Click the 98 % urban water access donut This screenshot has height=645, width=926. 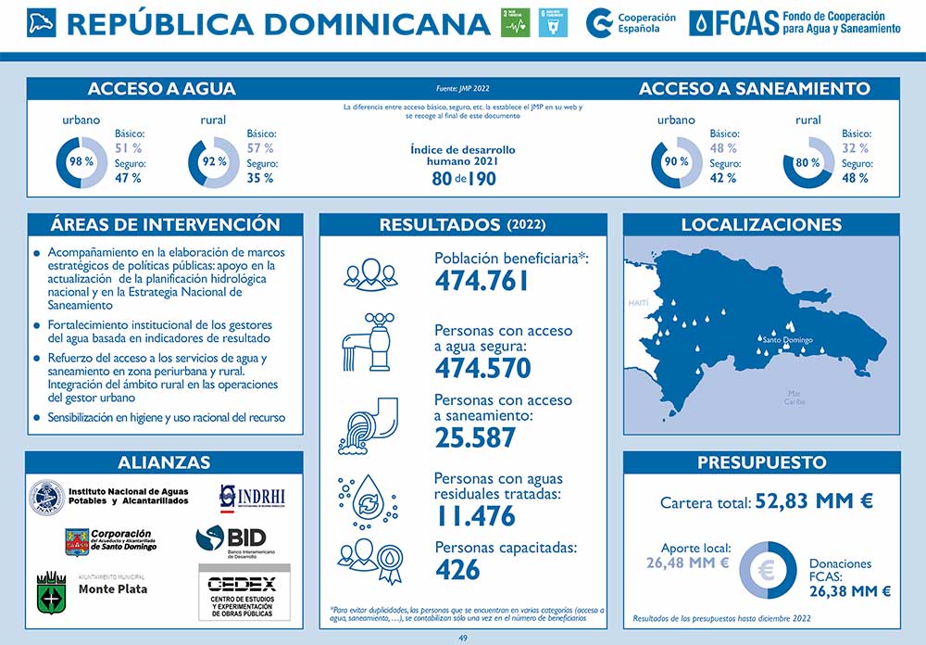coord(81,161)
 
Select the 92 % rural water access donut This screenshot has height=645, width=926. coord(214,161)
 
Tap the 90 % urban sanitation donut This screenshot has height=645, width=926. coord(677,161)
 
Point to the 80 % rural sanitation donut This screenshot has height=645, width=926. coord(808,162)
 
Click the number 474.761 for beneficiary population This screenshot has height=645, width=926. coord(482,281)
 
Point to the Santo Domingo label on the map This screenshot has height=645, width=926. coord(786,340)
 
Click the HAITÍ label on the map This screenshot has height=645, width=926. coord(639,303)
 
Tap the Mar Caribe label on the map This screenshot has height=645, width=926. coord(795,398)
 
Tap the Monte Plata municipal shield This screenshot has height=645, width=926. coord(50,593)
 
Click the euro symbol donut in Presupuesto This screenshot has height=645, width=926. coord(767,570)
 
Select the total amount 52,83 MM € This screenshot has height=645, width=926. coord(815,501)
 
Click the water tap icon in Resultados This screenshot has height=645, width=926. coord(368,342)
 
